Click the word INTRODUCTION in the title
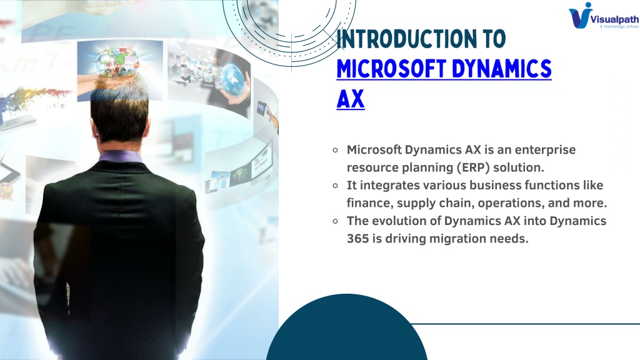[406, 39]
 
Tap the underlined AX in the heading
[350, 99]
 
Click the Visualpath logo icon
[581, 16]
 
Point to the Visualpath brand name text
[615, 19]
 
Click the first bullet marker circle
[336, 150]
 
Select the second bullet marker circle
[336, 186]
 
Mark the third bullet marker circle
[336, 221]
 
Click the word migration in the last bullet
[454, 239]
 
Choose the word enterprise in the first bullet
[545, 150]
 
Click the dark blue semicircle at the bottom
[346, 331]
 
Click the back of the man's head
[119, 114]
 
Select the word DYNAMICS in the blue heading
[502, 69]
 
